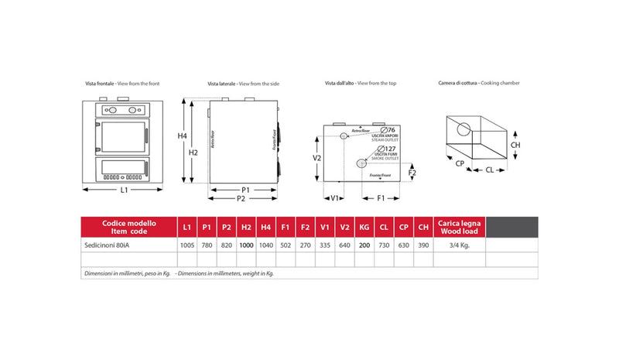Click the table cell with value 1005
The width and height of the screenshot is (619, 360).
pos(186,245)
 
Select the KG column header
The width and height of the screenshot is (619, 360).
pos(364,228)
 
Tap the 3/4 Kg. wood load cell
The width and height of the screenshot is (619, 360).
pos(461,245)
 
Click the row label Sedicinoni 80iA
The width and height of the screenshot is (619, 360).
pos(112,245)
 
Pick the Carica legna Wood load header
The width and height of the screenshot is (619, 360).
pos(461,228)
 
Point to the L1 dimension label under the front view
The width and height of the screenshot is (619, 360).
pos(124,190)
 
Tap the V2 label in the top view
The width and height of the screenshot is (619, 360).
pos(317,157)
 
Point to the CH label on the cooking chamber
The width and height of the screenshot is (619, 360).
pos(515,145)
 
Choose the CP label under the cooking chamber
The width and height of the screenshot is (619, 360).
pos(459,164)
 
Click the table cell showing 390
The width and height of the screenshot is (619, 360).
pos(422,245)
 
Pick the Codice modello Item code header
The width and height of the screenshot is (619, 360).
pos(128,228)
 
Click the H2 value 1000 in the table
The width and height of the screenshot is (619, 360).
pos(246,245)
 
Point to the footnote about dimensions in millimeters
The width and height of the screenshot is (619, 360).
pos(180,274)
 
